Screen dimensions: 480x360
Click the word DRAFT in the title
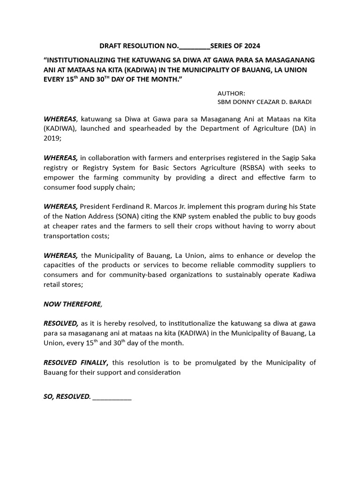[x=110, y=46]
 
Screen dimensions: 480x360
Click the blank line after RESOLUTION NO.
[x=195, y=46]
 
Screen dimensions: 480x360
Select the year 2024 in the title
[x=251, y=46]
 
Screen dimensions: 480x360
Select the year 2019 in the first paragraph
[x=52, y=139]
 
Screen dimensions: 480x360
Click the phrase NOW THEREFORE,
[x=73, y=304]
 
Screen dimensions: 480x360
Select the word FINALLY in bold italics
[x=94, y=362]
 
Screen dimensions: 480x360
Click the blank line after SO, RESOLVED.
[x=112, y=397]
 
